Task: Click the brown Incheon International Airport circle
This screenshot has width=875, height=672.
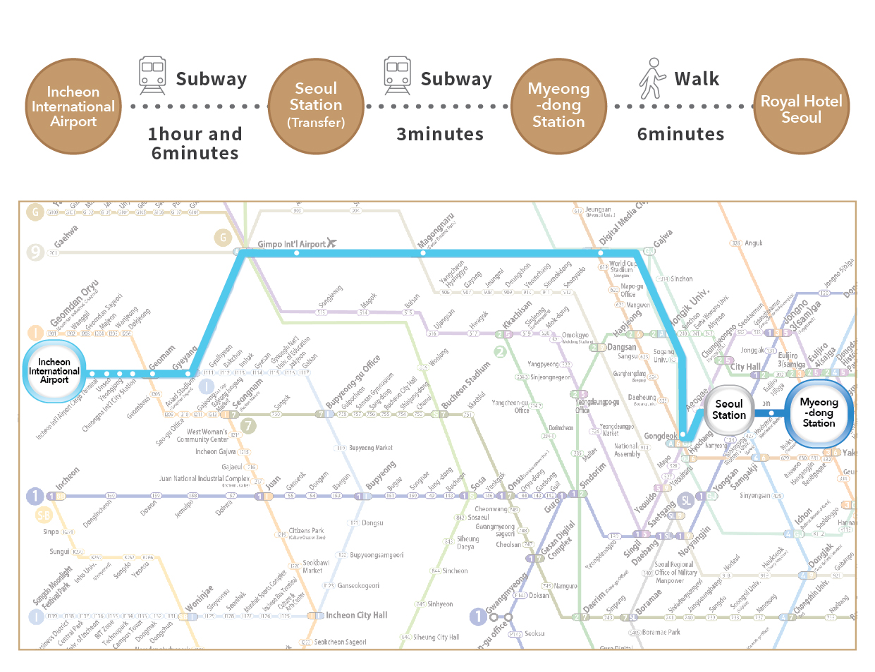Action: click(x=73, y=106)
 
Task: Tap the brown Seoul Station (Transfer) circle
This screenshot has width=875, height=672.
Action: click(x=316, y=106)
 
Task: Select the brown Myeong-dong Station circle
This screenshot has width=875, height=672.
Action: click(x=558, y=106)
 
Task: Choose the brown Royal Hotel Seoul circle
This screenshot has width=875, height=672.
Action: click(x=801, y=106)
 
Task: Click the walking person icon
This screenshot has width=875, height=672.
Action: click(x=652, y=78)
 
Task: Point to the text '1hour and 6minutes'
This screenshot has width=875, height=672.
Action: click(x=195, y=143)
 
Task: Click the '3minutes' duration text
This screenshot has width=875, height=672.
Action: click(x=440, y=134)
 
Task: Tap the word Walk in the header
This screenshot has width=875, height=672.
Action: click(x=697, y=79)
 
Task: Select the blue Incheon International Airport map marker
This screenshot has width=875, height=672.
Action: click(x=54, y=372)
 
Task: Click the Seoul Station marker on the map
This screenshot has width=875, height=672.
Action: click(x=729, y=410)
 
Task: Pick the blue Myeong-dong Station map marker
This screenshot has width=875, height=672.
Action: click(x=819, y=413)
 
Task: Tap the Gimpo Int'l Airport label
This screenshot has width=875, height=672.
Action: click(x=291, y=245)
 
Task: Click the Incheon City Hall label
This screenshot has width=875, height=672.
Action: click(x=356, y=615)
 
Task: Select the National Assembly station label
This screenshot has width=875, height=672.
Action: click(x=627, y=450)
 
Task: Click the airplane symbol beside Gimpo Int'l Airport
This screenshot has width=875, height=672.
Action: click(x=331, y=243)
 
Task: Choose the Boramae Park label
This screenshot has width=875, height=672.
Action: click(x=661, y=632)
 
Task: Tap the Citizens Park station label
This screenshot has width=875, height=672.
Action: click(x=306, y=531)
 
